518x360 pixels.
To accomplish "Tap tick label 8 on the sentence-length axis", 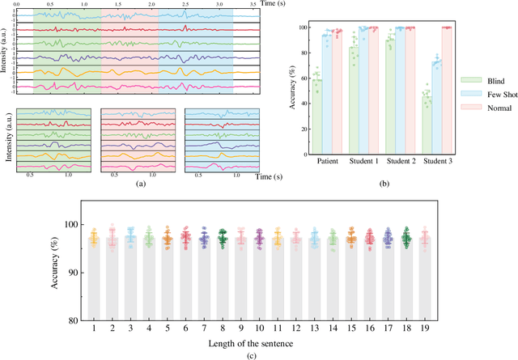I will point(223,328).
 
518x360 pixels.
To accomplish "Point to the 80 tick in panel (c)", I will point(75,320).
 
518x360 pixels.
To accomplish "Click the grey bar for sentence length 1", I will point(95,279).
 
